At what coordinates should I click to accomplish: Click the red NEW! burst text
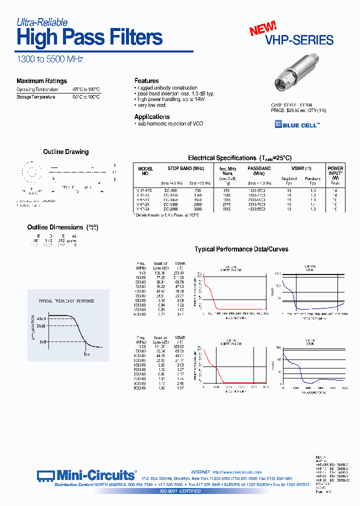point(263,29)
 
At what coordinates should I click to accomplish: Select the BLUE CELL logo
point(297,125)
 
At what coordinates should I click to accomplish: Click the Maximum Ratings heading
point(41,81)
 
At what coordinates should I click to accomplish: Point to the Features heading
point(146,80)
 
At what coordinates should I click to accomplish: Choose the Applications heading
point(152,116)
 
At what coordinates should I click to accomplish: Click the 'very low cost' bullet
point(152,105)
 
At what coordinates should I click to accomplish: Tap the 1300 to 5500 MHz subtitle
point(50,59)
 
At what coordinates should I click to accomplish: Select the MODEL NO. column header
point(145,171)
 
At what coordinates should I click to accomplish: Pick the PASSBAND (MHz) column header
point(258,171)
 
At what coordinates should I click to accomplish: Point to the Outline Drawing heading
point(65,152)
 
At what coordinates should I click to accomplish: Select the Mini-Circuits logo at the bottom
point(86,474)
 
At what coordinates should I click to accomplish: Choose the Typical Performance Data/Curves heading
point(241,249)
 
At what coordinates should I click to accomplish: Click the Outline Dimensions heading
point(55,227)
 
